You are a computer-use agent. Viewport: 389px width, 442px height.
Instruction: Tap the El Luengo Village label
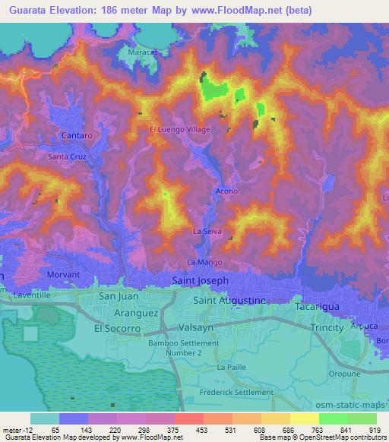tap(179, 129)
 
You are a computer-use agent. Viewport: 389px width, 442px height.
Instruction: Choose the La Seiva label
tap(207, 230)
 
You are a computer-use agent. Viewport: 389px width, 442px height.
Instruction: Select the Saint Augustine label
tap(229, 301)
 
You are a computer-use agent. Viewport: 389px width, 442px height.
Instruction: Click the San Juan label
tap(118, 296)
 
